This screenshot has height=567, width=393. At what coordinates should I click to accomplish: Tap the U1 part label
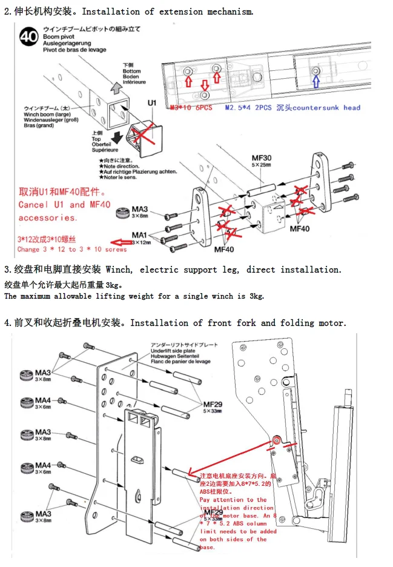point(153,103)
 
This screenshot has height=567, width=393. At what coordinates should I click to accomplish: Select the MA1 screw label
point(139,234)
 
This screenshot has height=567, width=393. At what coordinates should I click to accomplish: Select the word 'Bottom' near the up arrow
point(131,71)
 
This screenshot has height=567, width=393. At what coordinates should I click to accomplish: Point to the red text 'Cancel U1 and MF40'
point(64,205)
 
